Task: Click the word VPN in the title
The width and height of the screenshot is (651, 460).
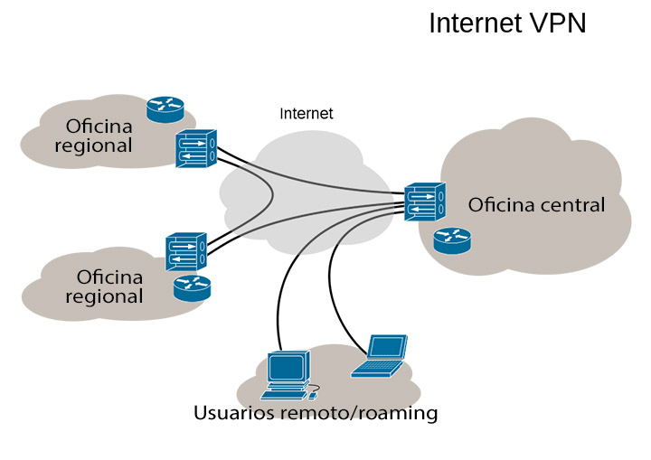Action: pos(555,23)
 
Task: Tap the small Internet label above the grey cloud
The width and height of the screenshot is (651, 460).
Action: pos(306,114)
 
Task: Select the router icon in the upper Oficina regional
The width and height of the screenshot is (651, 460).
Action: pos(165,108)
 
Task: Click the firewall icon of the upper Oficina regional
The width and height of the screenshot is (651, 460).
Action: pos(196,148)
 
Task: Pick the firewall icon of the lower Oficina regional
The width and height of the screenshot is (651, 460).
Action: pos(186,252)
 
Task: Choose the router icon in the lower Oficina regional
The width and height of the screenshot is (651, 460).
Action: pos(191,288)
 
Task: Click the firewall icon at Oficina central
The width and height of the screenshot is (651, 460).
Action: pos(424,202)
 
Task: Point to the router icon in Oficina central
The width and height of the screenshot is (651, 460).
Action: pos(451,240)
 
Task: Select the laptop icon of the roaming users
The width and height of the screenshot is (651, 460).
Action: pos(381,354)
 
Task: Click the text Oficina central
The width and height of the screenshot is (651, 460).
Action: pos(536,205)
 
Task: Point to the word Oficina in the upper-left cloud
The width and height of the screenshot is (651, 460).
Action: pos(99,126)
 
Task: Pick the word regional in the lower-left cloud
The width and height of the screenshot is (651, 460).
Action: pos(110,296)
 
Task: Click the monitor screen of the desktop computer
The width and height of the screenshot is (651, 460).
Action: pos(288,366)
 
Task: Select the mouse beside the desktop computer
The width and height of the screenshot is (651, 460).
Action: pos(313,395)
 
